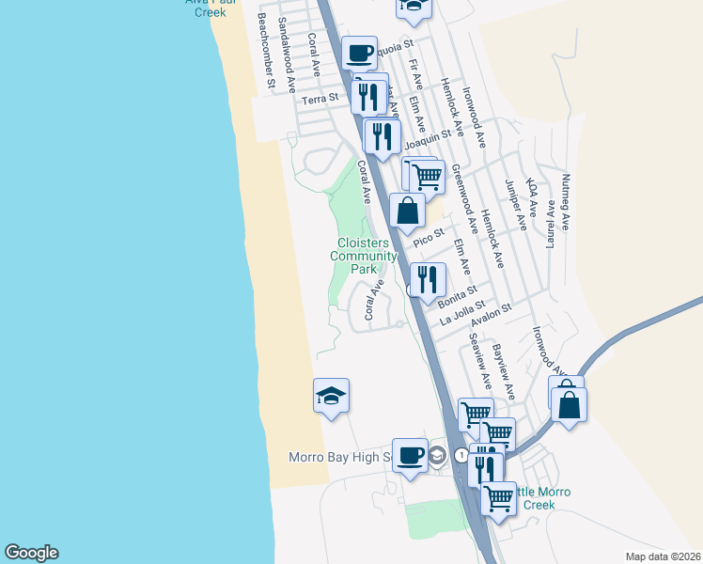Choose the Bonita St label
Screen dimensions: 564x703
coord(458,296)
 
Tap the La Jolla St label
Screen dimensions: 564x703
coord(461,313)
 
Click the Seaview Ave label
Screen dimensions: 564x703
coord(480,362)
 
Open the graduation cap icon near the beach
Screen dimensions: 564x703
coord(331,394)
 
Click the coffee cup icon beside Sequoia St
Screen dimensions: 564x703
coord(358,52)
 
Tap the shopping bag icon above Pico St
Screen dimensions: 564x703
coord(407,211)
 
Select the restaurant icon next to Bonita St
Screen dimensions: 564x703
coord(427,277)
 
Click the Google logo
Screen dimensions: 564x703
coord(31,553)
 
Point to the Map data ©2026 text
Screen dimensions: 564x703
coord(663,556)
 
